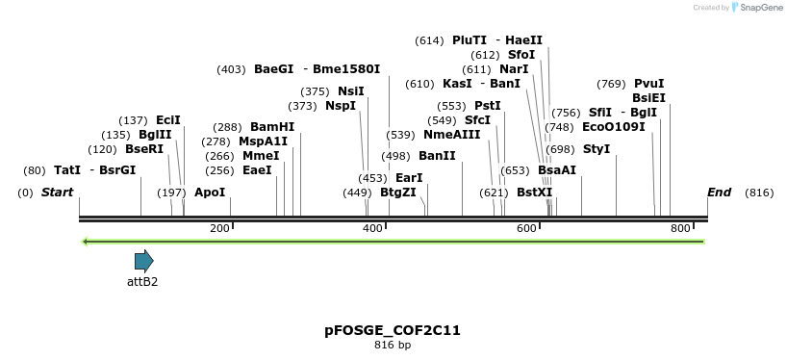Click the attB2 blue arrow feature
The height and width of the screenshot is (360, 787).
pos(143,260)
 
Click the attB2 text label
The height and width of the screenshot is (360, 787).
pos(142,282)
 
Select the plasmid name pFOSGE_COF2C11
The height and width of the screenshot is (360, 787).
pos(393,330)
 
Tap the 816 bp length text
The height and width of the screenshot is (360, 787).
pos(393,345)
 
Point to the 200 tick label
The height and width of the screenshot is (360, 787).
pos(219,228)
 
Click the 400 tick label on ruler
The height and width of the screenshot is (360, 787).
pos(373,228)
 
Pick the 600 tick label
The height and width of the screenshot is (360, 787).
pos(526,228)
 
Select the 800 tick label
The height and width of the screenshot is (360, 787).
pos(680,228)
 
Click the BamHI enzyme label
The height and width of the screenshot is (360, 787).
pos(272,127)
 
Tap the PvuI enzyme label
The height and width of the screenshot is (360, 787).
pos(648,84)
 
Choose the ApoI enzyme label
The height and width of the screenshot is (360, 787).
pos(210,193)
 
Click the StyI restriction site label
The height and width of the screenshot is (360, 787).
pos(597,149)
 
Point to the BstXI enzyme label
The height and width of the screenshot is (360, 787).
pos(535,193)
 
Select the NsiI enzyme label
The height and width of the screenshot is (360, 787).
pos(351,91)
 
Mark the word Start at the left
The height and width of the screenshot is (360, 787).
pos(58,193)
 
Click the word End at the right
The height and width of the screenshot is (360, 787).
pos(720,193)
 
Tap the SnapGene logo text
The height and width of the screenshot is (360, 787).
pos(759,8)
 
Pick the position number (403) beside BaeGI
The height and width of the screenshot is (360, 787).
pos(232,69)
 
